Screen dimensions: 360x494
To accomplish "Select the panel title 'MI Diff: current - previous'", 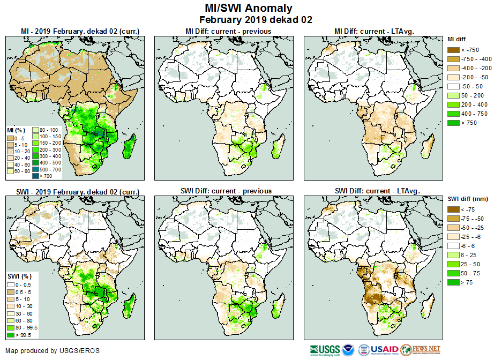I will point(228,32).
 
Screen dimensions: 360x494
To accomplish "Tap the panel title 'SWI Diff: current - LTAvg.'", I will point(377,191).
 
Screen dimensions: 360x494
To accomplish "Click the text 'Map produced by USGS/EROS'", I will point(53,351).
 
